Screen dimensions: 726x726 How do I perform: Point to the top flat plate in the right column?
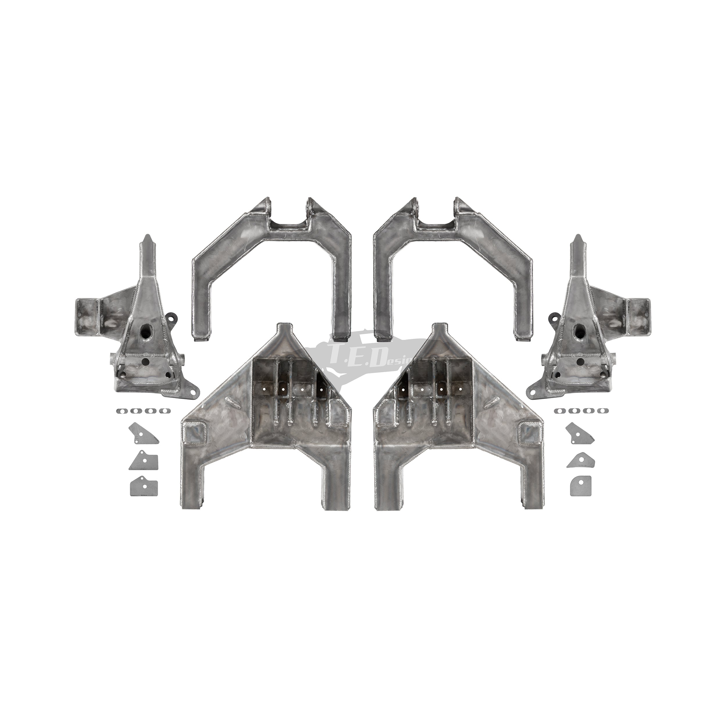pyautogui.click(x=581, y=434)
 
